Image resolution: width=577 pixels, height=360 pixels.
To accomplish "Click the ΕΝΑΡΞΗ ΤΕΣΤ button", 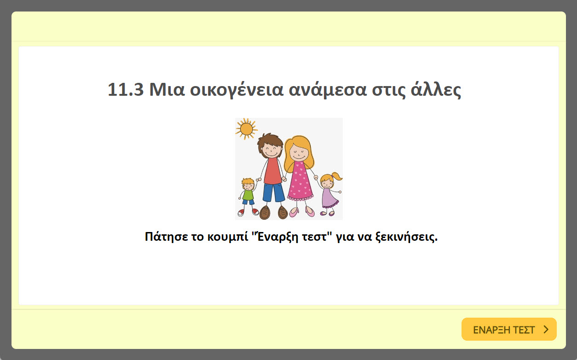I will click(508, 330).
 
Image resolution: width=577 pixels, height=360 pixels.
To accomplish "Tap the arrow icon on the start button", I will click(546, 330).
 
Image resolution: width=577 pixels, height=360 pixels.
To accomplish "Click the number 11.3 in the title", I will click(126, 90).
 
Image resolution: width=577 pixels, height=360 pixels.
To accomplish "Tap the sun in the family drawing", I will click(246, 128).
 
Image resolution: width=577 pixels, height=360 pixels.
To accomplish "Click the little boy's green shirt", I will click(248, 195).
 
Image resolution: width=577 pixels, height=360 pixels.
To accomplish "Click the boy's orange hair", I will click(248, 181).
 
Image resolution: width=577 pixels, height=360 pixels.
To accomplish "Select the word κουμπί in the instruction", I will click(226, 238).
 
